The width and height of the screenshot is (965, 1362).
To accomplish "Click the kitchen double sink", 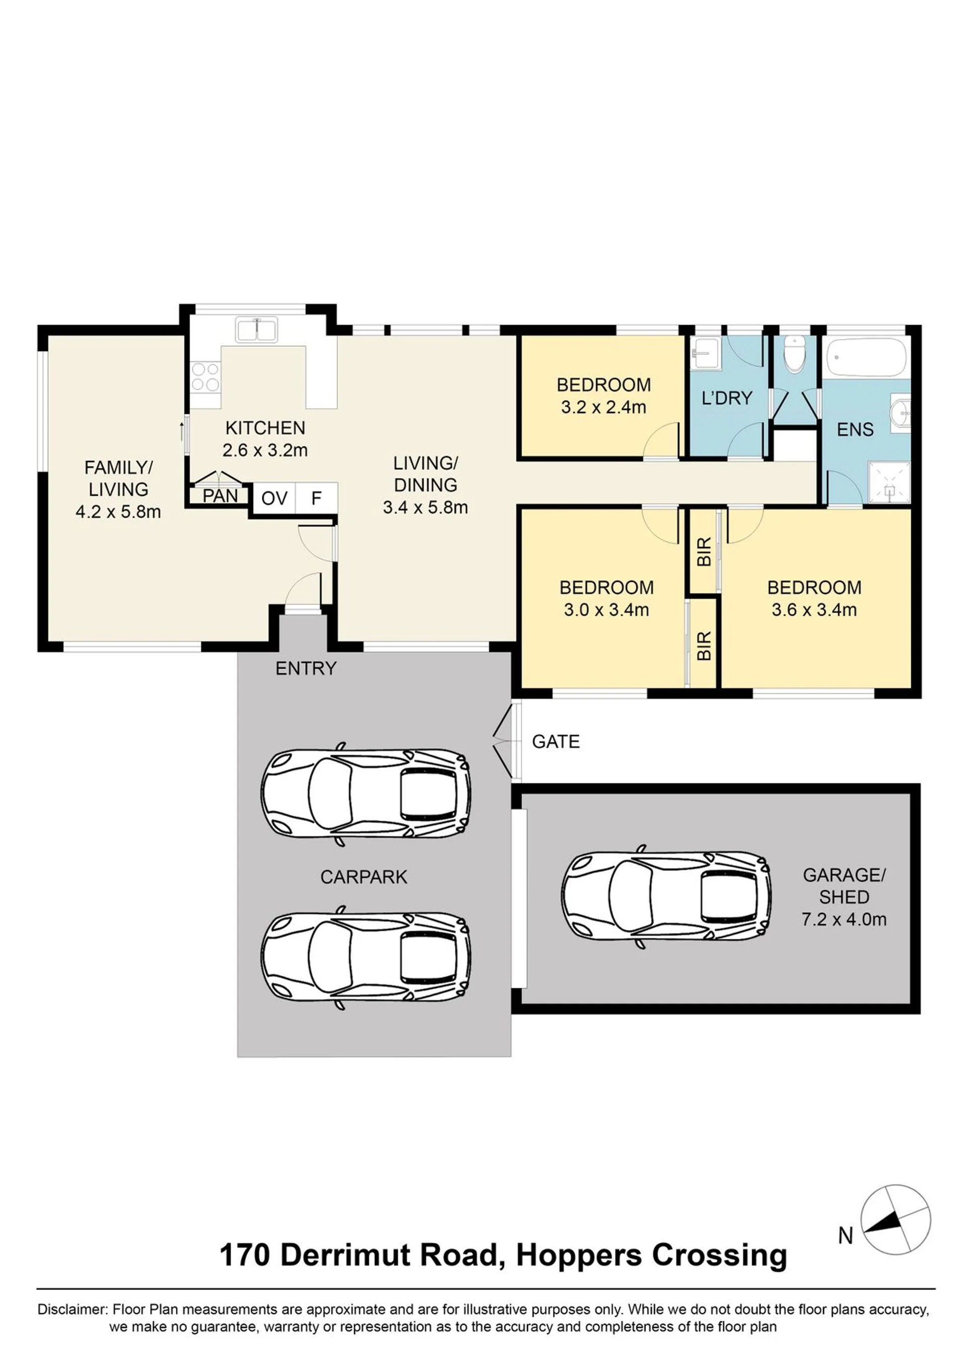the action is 257,330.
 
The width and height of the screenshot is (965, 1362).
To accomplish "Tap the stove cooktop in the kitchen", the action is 206,377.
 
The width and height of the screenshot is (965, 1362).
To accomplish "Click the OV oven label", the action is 274,498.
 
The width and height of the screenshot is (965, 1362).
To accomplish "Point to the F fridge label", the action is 317,498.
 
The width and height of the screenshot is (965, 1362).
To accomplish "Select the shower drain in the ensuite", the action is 890,490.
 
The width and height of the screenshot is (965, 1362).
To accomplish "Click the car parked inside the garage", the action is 666,896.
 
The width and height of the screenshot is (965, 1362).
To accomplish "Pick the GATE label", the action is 555,742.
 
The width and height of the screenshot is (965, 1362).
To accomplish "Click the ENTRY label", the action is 306,668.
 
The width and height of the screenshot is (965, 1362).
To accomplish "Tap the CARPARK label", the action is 364,877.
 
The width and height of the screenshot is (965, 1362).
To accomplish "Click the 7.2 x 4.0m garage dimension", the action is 844,919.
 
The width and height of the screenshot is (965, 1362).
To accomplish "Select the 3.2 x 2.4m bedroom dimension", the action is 604,407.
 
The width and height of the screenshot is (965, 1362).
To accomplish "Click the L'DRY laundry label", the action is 727,398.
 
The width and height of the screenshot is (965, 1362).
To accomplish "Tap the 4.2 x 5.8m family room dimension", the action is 118,512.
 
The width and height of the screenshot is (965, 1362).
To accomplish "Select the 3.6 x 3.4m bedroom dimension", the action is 814,610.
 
